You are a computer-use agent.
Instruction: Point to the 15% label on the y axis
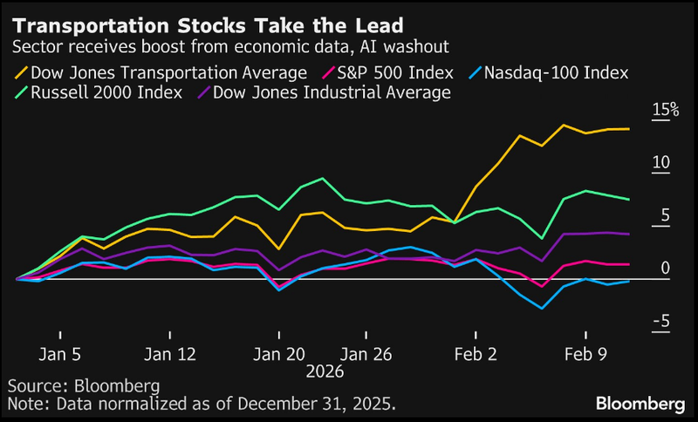(x=665, y=110)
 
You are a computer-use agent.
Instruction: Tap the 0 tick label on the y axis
(x=665, y=268)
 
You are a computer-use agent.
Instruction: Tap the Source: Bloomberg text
(x=71, y=385)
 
